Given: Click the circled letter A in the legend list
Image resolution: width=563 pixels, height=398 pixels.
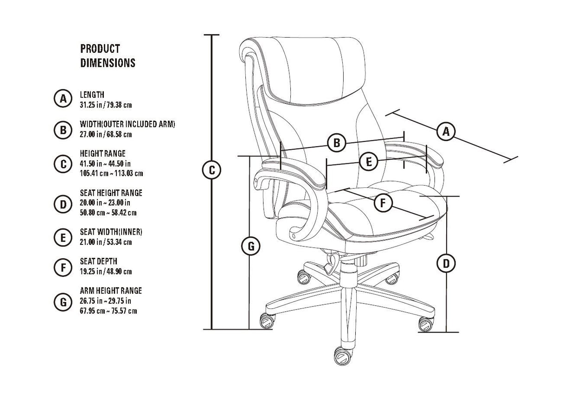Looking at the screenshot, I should click(x=63, y=99).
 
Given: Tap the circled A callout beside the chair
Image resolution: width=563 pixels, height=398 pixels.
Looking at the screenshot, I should click(x=445, y=131).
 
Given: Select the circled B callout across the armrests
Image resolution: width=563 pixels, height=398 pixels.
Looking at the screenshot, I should click(x=337, y=143).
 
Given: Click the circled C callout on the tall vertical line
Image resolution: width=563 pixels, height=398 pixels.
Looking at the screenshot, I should click(x=211, y=170).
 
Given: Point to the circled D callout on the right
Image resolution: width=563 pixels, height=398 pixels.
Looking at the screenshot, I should click(x=446, y=264).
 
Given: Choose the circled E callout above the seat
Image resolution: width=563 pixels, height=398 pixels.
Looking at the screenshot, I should click(x=369, y=162).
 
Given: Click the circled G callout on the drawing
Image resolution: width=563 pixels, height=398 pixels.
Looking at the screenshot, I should click(x=250, y=246).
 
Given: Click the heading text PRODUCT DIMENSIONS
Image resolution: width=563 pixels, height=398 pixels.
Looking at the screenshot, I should click(x=108, y=56).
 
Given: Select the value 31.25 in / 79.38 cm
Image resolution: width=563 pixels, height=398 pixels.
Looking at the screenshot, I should click(x=106, y=105).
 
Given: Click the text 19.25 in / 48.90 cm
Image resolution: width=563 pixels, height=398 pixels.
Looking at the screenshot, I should click(x=106, y=271).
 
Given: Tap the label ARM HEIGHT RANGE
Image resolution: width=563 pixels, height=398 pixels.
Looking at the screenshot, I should click(x=111, y=291).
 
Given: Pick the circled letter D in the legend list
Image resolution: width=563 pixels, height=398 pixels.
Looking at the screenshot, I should click(x=63, y=204).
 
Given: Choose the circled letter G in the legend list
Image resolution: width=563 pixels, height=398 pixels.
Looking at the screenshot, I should click(x=63, y=302).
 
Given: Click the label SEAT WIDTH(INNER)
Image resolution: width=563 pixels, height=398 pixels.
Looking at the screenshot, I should click(x=111, y=232).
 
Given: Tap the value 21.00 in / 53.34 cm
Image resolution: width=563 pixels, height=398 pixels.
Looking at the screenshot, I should click(x=106, y=242).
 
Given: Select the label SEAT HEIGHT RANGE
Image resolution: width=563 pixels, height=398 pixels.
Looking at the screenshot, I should click(x=111, y=193).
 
